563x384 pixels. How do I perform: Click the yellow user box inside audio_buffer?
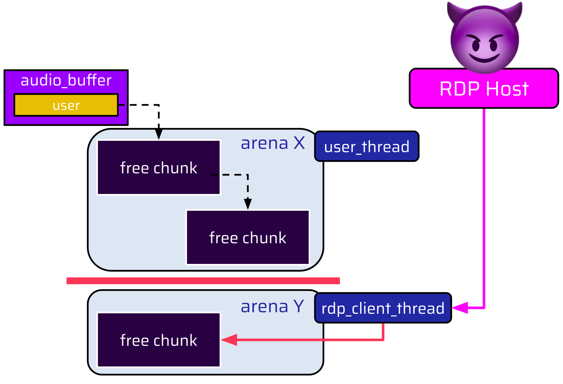pos(66,105)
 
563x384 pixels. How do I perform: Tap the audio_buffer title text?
pos(66,80)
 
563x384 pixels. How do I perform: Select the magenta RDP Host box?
pos(484,89)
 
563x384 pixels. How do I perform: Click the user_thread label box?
pos(367,147)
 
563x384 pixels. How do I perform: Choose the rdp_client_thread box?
pos(383,308)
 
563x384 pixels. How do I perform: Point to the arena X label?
pos(273,143)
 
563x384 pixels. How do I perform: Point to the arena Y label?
pos(272,306)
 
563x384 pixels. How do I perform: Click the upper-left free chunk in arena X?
pos(159,168)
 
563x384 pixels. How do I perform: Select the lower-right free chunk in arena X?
pos(248,237)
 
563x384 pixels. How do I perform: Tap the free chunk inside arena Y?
pos(159,340)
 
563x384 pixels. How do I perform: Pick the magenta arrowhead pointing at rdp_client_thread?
pos(460,308)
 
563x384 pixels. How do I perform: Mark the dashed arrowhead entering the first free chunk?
pos(158,134)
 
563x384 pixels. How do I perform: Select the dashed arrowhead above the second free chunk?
pos(248,204)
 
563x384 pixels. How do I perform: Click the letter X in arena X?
pos(299,143)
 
